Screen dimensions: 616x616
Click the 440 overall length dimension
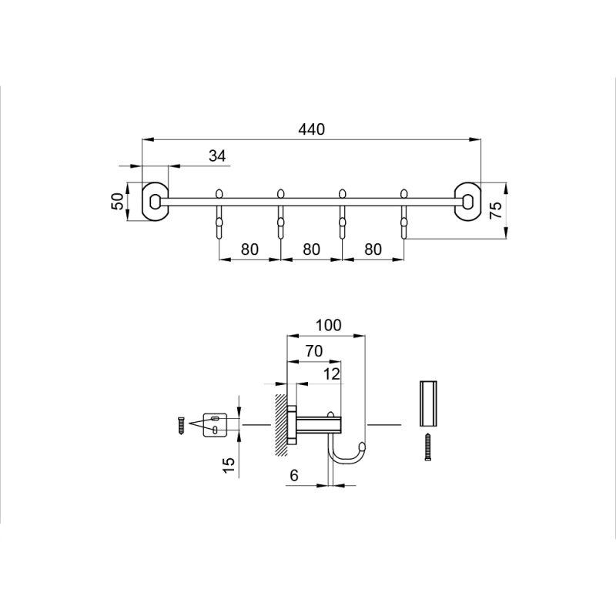point(312,129)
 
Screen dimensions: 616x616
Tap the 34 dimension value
point(217,156)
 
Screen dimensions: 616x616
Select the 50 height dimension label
point(118,201)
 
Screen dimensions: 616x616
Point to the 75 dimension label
point(496,210)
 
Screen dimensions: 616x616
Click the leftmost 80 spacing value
point(249,249)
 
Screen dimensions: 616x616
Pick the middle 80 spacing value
point(312,249)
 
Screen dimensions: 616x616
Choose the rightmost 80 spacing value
point(373,249)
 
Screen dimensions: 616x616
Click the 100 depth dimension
point(329,325)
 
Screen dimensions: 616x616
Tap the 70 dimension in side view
point(314,351)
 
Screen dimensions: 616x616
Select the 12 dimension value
point(332,374)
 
